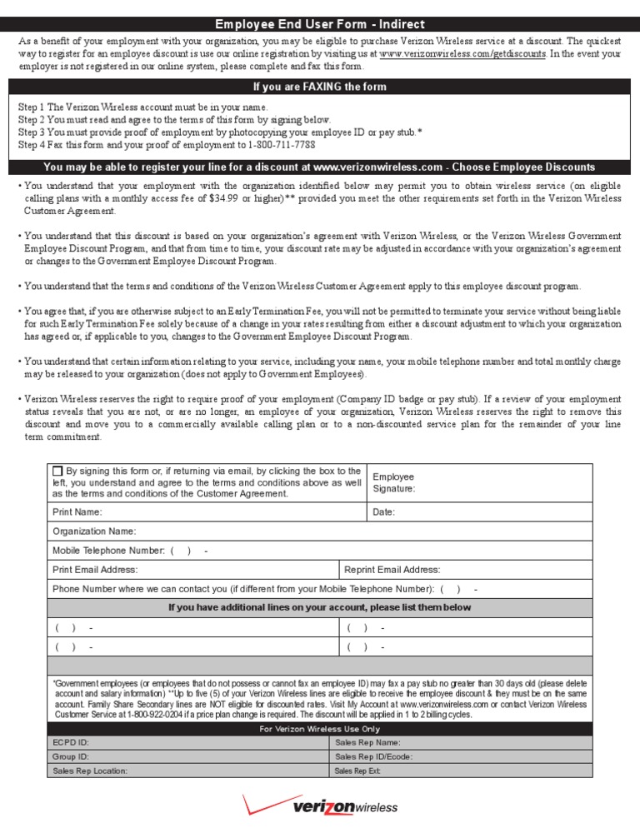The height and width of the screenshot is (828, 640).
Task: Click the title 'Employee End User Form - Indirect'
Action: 320,24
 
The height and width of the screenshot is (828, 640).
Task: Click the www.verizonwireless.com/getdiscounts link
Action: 462,53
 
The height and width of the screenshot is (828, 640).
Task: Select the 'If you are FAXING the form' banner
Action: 320,87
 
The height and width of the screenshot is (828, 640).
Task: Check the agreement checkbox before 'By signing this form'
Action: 57,471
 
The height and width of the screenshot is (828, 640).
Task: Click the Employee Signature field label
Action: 394,483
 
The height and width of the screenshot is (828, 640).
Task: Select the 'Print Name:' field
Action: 77,511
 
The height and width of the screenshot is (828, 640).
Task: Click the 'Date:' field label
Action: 384,511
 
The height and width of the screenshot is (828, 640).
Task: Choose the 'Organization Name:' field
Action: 94,531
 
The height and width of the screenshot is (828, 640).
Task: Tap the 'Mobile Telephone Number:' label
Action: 108,550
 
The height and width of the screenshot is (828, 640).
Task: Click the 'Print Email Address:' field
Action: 95,570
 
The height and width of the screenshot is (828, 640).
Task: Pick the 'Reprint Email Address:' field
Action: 392,570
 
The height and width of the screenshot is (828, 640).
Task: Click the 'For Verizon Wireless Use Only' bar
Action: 320,729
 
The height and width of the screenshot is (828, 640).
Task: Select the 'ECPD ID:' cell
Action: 71,742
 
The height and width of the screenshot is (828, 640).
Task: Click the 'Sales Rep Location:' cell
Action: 90,771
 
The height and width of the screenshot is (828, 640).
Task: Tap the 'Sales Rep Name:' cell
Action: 367,742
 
